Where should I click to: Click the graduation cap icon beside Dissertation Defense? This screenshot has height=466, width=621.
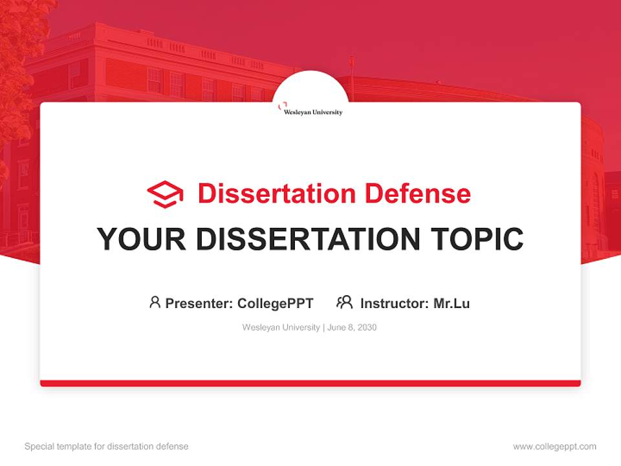pos(165,194)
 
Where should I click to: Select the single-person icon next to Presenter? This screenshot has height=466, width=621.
pos(155,302)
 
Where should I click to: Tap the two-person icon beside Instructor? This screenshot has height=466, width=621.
pos(344,302)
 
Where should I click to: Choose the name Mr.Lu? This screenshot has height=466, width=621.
pos(452,303)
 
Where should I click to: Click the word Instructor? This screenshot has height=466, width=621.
pos(395,303)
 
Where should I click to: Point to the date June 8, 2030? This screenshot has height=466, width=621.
pos(352,327)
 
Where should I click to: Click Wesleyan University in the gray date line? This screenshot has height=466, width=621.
pos(281,327)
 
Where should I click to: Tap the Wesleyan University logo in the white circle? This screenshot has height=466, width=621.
pos(312,109)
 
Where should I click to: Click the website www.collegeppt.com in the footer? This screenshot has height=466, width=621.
pos(554,447)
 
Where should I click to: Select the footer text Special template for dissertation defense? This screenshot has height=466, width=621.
pos(106,447)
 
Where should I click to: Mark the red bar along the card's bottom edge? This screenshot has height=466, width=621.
pos(310,383)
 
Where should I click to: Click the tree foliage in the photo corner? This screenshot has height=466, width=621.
pos(19,39)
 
